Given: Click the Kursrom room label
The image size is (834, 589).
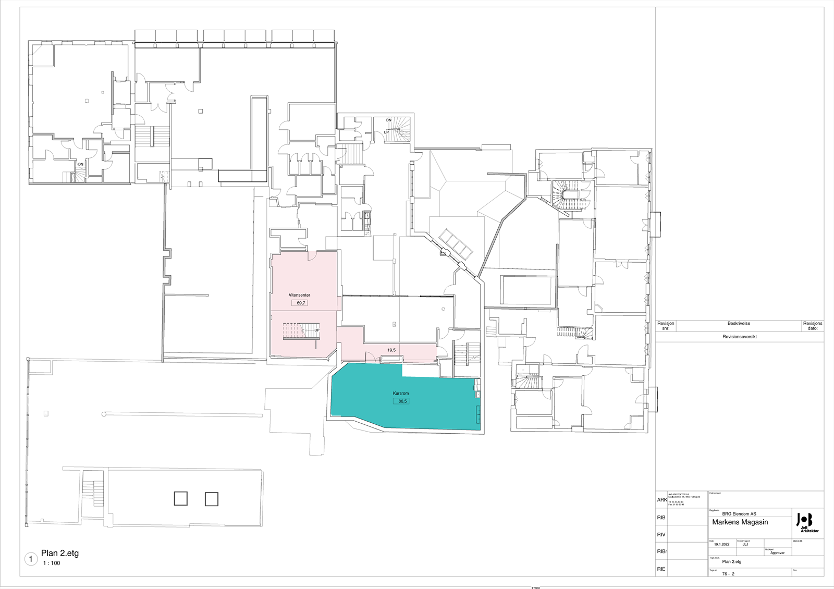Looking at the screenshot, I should coord(401,394).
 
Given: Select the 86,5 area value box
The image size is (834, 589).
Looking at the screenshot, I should coord(401,401).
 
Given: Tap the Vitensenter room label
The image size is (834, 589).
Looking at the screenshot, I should coord(299,295).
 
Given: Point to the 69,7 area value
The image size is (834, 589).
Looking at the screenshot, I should coord(300,303).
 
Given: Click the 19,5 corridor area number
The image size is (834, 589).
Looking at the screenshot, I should coord(391,350).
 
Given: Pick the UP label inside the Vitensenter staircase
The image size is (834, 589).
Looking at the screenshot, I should coord(317,330).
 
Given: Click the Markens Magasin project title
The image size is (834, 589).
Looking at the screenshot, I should coord(740,522).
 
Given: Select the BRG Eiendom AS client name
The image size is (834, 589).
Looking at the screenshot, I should coord(739,514).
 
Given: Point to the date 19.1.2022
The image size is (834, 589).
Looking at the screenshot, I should coord(722,545).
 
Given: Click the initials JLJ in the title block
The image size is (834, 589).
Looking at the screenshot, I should coord(745,545).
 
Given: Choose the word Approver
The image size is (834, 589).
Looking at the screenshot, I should coord(777,553).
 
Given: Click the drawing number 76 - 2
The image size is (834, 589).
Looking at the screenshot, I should coord(728,574).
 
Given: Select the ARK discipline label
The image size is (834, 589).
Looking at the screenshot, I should coord(661,500).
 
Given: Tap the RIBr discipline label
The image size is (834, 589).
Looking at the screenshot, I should coord(662,551).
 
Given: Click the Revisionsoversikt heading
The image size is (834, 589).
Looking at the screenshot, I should coord(739,337).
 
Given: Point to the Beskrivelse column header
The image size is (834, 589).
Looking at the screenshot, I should coord(739,324).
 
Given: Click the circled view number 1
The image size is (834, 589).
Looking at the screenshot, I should coord(31,559).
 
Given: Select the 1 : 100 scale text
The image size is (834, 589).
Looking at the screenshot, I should coord(52,563).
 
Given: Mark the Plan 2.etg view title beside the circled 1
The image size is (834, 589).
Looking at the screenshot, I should coord(60,554).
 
